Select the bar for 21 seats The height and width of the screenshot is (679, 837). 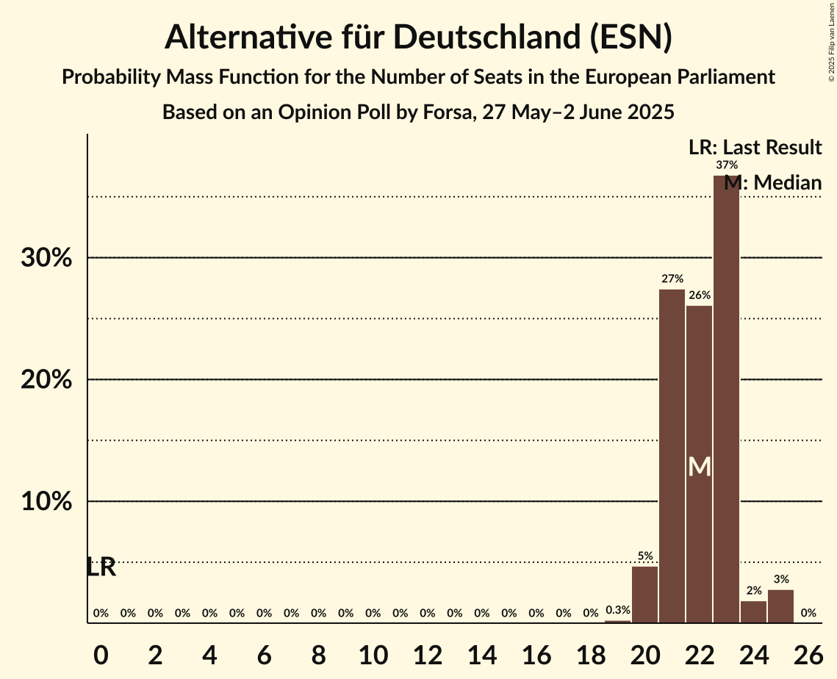(x=672, y=456)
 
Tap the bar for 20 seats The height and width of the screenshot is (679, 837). (x=644, y=594)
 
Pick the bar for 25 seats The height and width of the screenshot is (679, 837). (x=780, y=606)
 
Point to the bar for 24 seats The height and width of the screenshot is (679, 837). (x=753, y=612)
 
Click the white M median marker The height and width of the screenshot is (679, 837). (x=700, y=467)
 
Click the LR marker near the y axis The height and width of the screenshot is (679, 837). (x=101, y=567)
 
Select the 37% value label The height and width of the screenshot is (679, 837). (x=727, y=165)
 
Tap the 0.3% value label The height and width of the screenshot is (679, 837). (x=617, y=610)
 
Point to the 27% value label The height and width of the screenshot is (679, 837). (x=672, y=279)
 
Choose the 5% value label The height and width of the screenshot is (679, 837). (x=645, y=556)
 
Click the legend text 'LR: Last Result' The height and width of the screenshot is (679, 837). (x=755, y=148)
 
